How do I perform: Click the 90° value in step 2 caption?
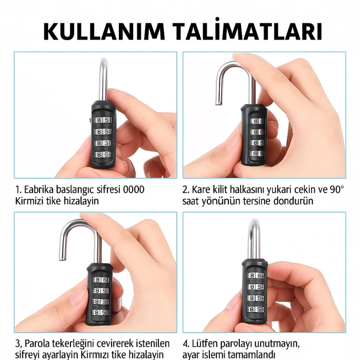click(336, 189)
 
